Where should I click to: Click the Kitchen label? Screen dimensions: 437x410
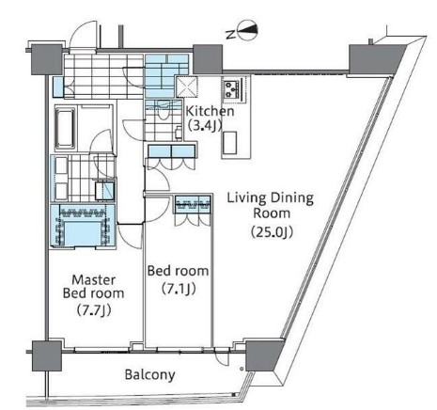[x=210, y=111]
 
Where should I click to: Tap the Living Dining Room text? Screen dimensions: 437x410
[x=270, y=206]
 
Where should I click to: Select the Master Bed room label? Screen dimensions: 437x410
[x=93, y=287]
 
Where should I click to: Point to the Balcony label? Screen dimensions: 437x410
[x=149, y=375]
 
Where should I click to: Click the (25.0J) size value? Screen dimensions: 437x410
[x=272, y=232]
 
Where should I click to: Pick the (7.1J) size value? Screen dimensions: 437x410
[x=179, y=289]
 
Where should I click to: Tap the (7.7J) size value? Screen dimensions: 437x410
[x=94, y=310]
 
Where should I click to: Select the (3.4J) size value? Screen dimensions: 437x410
[x=205, y=125]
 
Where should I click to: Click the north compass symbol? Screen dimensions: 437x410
[x=247, y=30]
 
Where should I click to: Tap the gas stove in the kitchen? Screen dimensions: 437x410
[x=232, y=88]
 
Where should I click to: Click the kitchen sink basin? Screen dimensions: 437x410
[x=229, y=143]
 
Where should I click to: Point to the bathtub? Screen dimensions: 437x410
[x=66, y=128]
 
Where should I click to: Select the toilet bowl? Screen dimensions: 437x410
[x=163, y=114]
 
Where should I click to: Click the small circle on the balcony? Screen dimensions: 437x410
[x=242, y=369]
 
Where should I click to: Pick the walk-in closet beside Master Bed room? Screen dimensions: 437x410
[x=83, y=227]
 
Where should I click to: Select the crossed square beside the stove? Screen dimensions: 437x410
[x=186, y=87]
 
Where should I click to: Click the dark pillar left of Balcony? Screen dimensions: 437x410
[x=47, y=356]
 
